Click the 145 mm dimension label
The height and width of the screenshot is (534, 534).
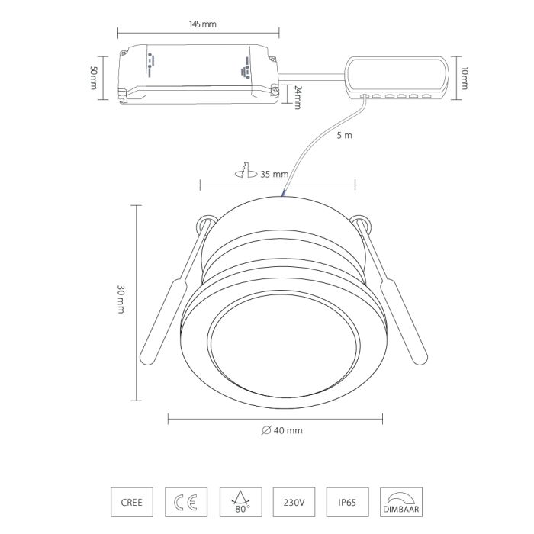(202, 24)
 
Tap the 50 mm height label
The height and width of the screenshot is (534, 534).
(93, 78)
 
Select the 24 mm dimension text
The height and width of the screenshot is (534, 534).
(297, 98)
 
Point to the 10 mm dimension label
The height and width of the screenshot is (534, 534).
(464, 79)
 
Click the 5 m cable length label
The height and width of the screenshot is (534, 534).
(344, 136)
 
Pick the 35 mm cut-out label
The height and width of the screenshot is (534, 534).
(275, 175)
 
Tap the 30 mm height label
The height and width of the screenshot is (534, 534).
(121, 299)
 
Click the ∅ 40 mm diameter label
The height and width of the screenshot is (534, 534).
(282, 430)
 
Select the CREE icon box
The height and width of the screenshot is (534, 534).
(132, 502)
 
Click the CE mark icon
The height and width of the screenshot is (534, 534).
(186, 502)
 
